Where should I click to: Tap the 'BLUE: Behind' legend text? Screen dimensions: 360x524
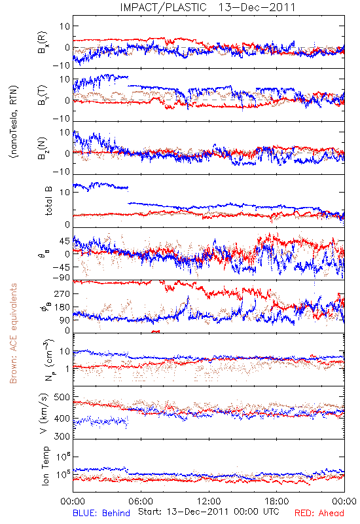point(101,513)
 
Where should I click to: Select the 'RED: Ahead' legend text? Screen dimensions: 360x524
point(319,513)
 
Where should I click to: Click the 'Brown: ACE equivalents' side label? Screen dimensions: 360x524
point(13,333)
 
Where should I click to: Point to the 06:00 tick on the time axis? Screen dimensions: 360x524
point(141,501)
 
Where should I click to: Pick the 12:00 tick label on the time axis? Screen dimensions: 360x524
point(209,501)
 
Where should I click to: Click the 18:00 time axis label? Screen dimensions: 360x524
point(277,501)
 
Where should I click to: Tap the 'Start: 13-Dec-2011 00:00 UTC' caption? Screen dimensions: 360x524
point(208,512)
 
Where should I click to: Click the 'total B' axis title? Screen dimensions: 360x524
point(48,201)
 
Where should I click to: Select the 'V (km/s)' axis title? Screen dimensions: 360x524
point(44,413)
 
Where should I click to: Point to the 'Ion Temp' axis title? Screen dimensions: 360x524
point(45,466)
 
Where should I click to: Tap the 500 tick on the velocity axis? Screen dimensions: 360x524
point(62,397)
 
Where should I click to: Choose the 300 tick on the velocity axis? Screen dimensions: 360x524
point(62,436)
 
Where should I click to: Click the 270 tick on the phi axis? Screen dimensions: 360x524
point(62,293)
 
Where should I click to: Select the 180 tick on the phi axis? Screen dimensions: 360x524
point(62,307)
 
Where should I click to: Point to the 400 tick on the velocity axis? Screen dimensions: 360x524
point(62,418)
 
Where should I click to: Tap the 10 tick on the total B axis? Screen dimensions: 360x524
point(65,192)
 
